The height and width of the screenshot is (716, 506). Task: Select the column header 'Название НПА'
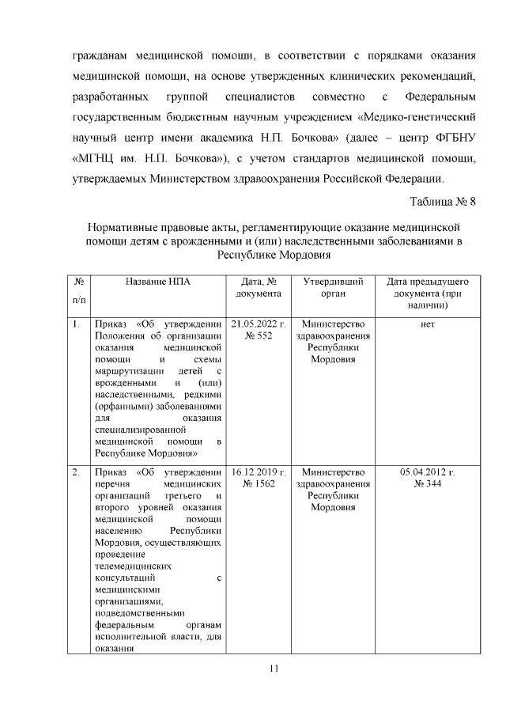click(x=157, y=282)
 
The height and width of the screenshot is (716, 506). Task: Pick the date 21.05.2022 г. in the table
click(x=259, y=324)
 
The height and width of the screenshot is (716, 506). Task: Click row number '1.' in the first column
click(x=76, y=324)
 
